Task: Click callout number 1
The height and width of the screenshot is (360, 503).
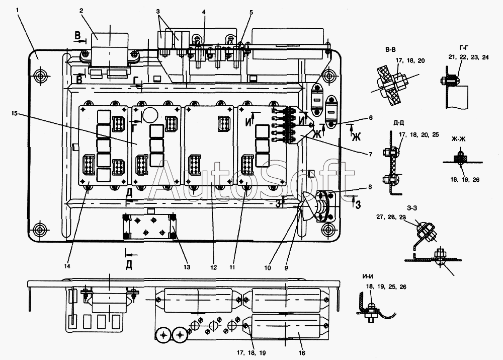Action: (x=17, y=11)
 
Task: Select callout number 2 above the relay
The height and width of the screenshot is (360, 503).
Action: (x=81, y=11)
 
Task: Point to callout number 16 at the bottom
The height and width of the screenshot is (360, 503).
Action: (x=301, y=353)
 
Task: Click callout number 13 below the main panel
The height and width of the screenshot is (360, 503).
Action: (x=187, y=267)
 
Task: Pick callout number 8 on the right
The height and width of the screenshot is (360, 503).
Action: (x=370, y=187)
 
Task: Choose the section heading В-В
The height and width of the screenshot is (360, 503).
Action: (x=390, y=49)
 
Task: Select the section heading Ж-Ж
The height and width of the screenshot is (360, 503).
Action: (x=458, y=139)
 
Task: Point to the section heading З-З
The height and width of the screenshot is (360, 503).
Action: (x=411, y=208)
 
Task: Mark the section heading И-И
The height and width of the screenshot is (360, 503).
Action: (x=368, y=276)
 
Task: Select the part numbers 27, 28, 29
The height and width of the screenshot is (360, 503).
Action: (x=391, y=217)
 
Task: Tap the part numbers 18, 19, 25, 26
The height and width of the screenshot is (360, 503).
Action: (x=386, y=287)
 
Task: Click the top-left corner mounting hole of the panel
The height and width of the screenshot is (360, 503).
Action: (x=40, y=77)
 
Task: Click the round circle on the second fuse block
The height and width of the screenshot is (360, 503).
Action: (x=149, y=114)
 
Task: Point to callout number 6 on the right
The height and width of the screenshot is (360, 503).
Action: (x=371, y=118)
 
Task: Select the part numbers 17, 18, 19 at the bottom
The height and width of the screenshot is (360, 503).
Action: (x=251, y=353)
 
